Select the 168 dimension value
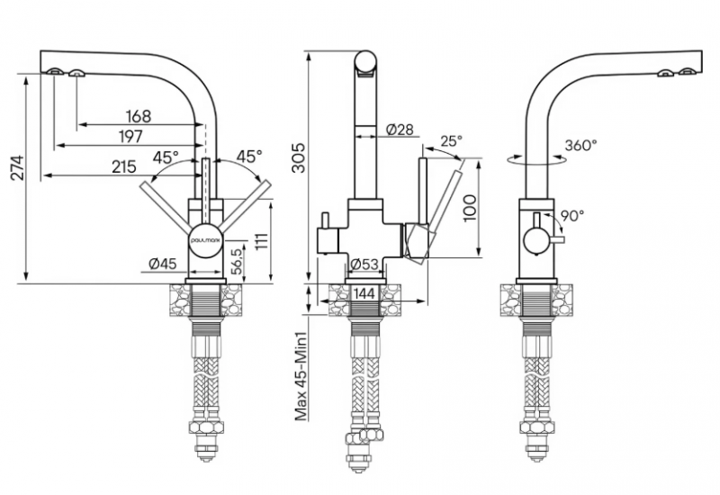click(138, 116)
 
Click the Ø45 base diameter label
click(161, 264)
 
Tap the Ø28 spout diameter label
click(399, 130)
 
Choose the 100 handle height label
click(468, 207)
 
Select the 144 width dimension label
click(363, 293)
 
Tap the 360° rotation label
click(581, 144)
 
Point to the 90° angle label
click(572, 215)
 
